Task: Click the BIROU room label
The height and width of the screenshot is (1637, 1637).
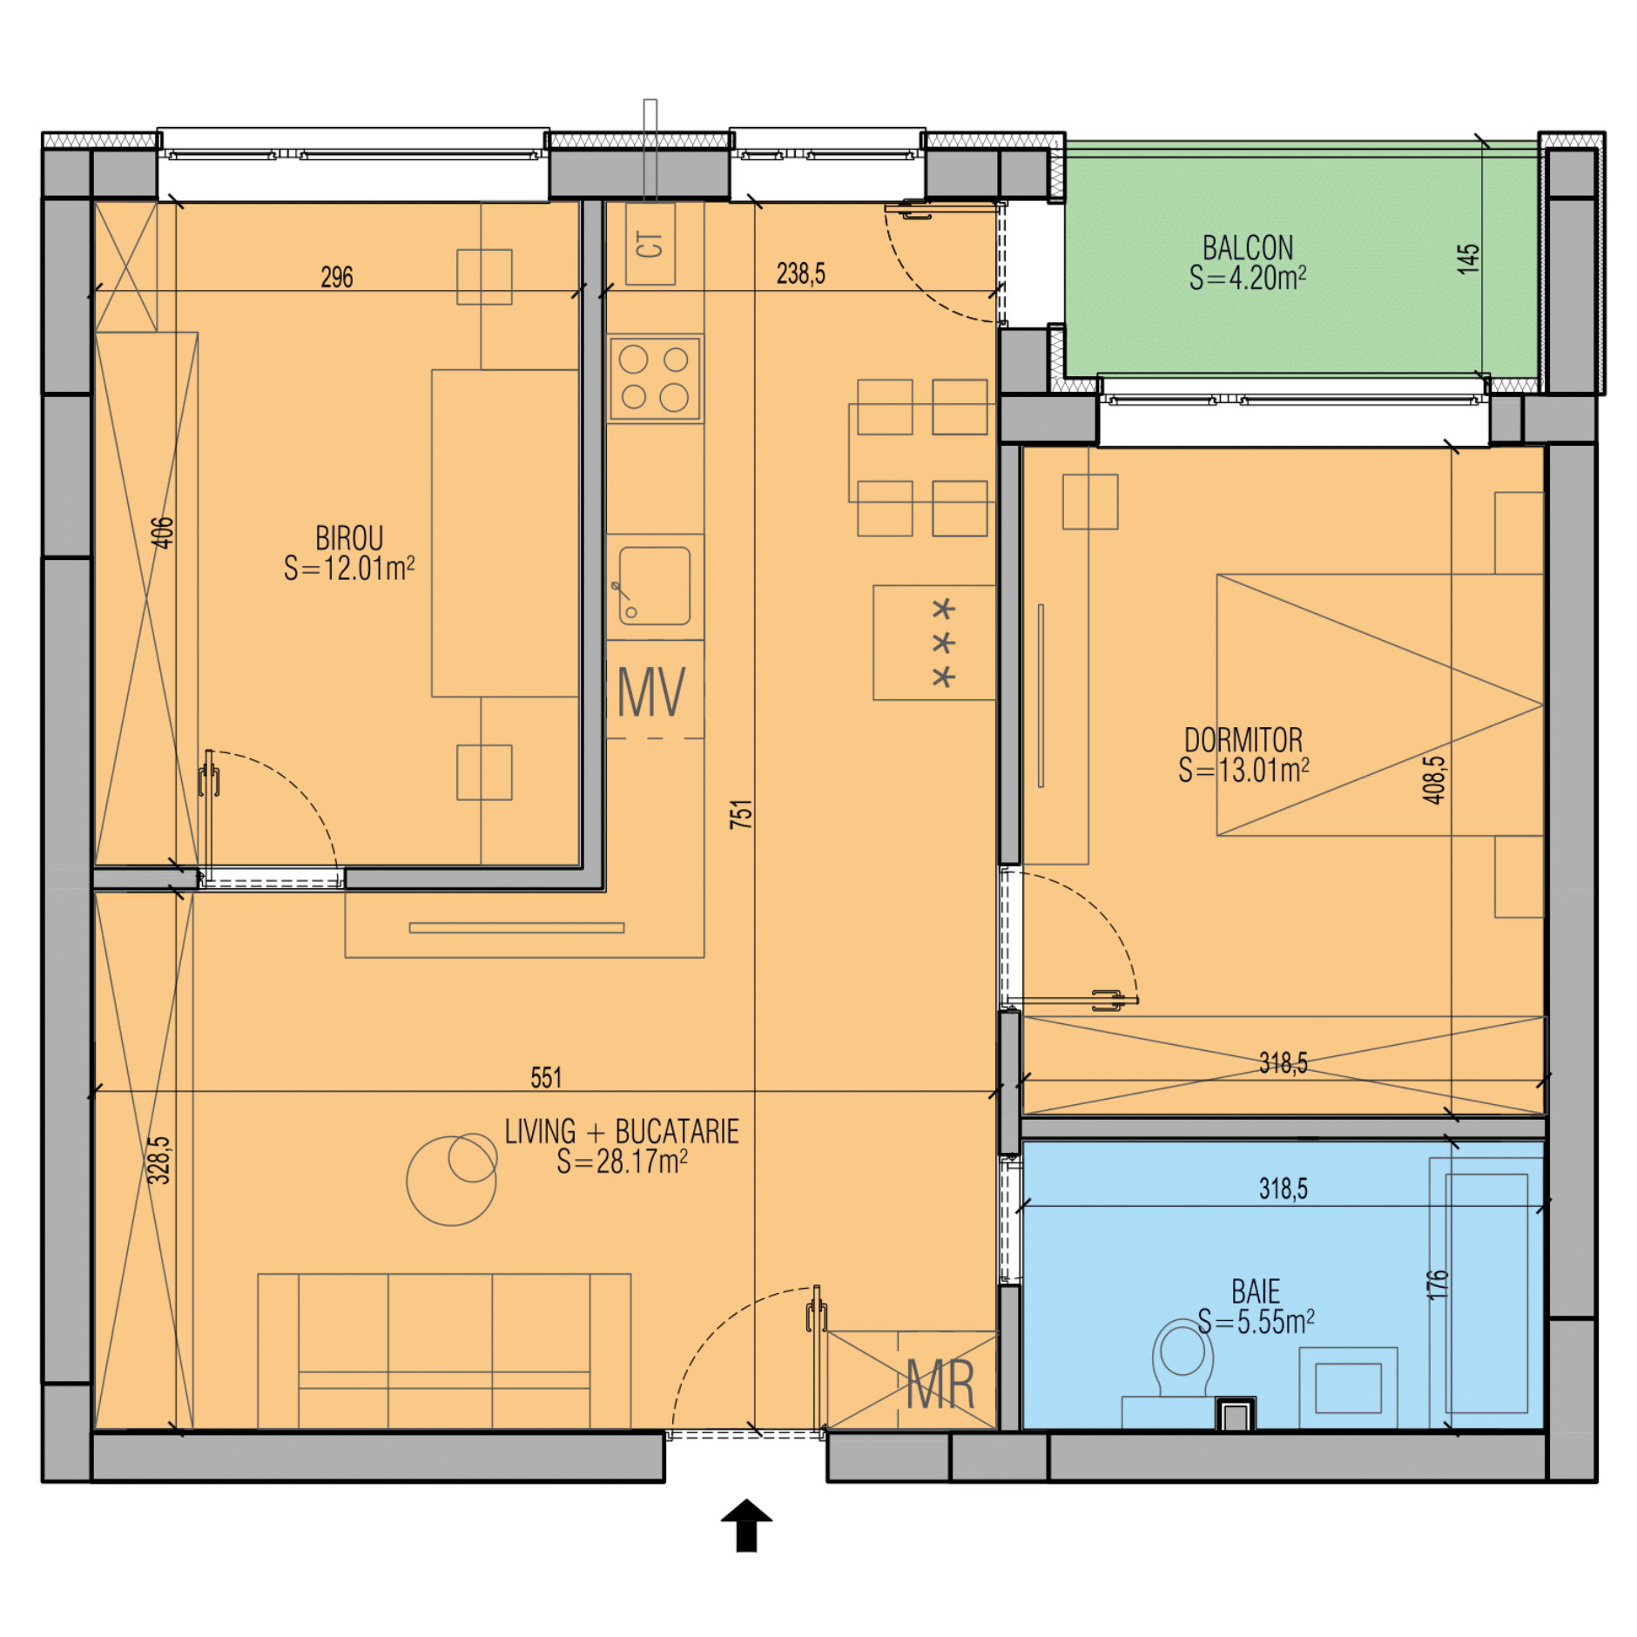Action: click(349, 537)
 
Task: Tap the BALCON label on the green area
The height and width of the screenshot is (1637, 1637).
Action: click(1248, 247)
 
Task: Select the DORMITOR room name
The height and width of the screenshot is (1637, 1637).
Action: click(1243, 740)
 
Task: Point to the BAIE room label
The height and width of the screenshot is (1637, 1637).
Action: click(1256, 1291)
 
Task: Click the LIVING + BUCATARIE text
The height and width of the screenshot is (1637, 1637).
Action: click(622, 1131)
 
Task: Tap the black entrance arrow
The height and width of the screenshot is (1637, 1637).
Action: click(746, 1525)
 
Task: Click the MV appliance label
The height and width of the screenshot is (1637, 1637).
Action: click(651, 692)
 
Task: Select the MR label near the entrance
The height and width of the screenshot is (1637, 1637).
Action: click(940, 1384)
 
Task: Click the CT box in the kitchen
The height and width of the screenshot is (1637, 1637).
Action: click(650, 245)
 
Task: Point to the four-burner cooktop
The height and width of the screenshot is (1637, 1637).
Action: click(656, 379)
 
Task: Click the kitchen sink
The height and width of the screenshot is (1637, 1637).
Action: click(655, 586)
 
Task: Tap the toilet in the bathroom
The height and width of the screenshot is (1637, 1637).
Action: click(1182, 1358)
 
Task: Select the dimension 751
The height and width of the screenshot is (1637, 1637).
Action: click(741, 813)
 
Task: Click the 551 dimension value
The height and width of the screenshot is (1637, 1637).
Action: click(546, 1078)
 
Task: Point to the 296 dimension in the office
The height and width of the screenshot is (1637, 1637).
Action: click(337, 277)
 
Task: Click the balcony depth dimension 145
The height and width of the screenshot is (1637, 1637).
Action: click(1468, 259)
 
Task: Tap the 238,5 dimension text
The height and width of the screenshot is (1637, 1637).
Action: click(801, 273)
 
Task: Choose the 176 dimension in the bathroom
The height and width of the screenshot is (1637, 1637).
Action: click(1437, 1285)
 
